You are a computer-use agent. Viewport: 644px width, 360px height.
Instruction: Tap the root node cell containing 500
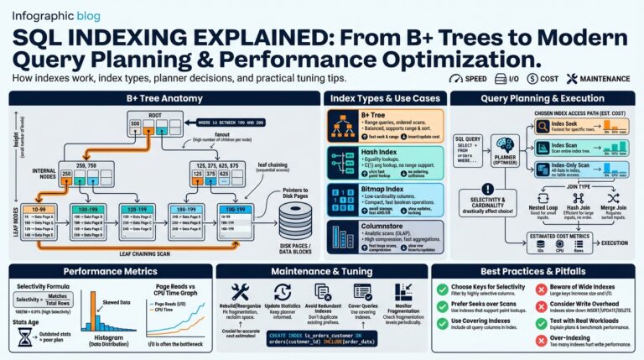(x=134, y=123)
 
